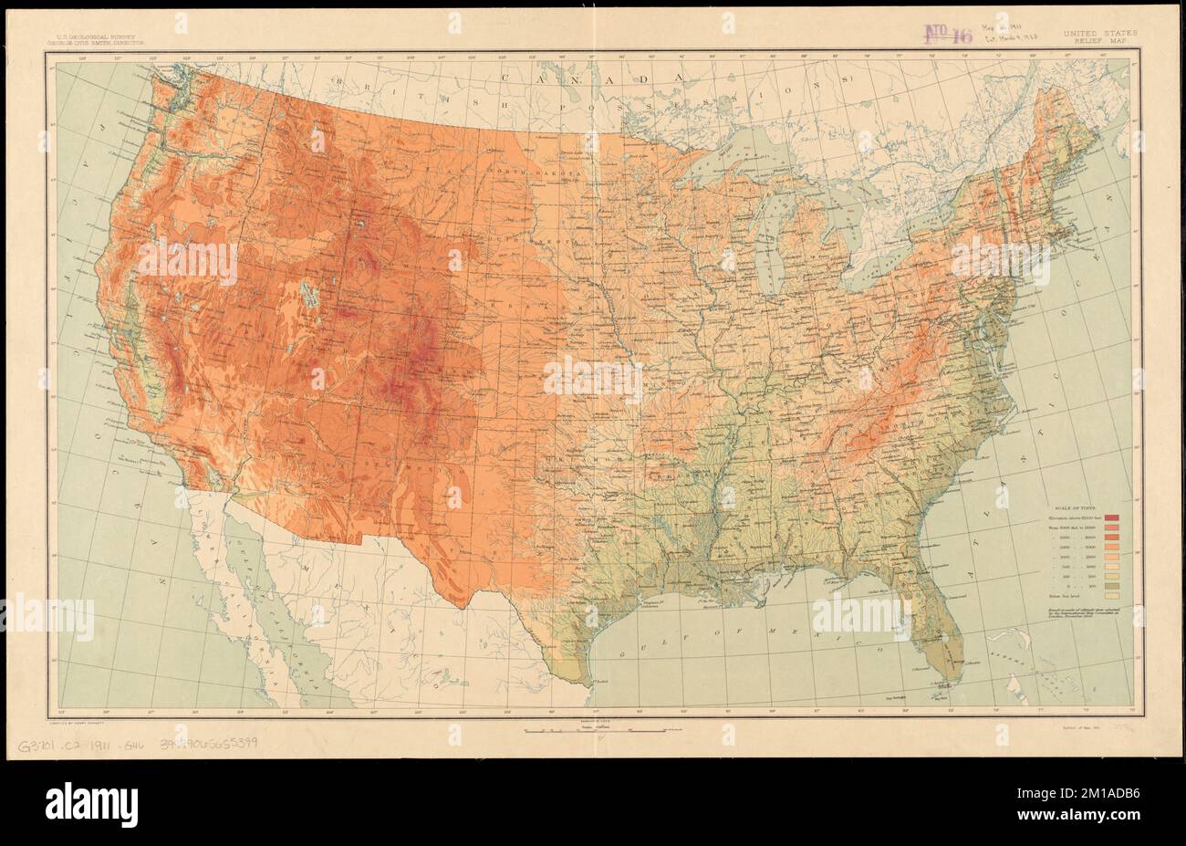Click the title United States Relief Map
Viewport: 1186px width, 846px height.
point(1099,37)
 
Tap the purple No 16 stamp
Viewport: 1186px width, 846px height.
point(949,34)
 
